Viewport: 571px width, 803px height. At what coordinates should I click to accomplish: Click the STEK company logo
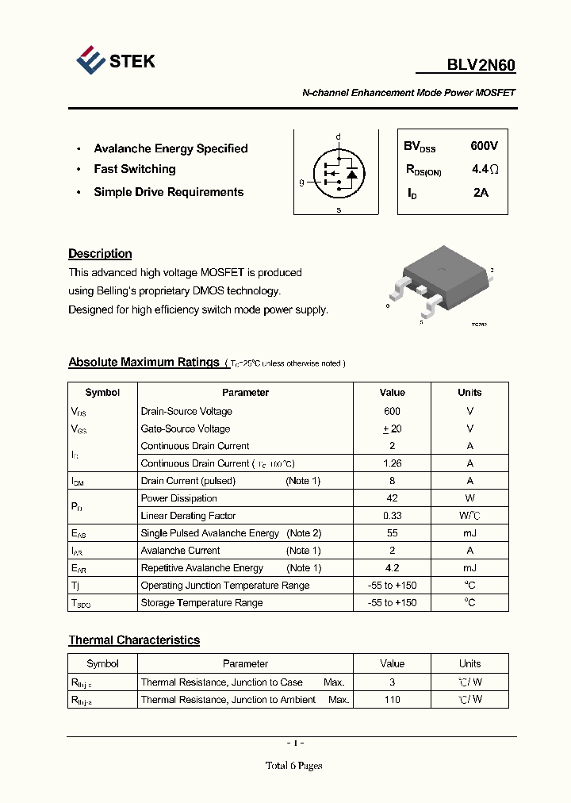coord(115,61)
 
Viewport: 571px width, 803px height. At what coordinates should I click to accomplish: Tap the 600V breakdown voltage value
coord(484,146)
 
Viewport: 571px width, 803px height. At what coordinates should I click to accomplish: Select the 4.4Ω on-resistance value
coord(485,169)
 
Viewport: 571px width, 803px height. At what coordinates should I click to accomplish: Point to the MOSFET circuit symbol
coord(338,173)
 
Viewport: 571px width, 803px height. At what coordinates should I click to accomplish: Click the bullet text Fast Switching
coord(134,169)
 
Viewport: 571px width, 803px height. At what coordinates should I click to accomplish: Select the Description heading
coord(100,254)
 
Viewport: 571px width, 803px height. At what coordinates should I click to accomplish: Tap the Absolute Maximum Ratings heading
coord(144,363)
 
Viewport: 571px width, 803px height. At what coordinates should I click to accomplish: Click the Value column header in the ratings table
coord(392,393)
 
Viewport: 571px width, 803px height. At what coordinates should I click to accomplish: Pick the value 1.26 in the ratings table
coord(392,463)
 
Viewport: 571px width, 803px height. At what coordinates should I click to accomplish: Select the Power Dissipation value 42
coord(392,498)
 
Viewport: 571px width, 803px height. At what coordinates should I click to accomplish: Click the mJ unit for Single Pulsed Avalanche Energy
coord(469,533)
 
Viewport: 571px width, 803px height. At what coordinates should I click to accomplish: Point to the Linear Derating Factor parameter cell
coord(188,516)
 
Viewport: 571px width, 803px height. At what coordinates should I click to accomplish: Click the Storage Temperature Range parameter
coord(201,603)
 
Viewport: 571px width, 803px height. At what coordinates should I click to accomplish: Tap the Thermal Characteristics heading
coord(134,640)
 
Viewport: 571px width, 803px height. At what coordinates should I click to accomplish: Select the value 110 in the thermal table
coord(392,700)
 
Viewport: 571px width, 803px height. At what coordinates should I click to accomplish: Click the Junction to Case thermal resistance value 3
coord(392,682)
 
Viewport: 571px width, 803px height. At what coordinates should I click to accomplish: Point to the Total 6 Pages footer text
coord(293,766)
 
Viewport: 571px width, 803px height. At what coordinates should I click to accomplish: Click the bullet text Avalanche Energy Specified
coord(171,148)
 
